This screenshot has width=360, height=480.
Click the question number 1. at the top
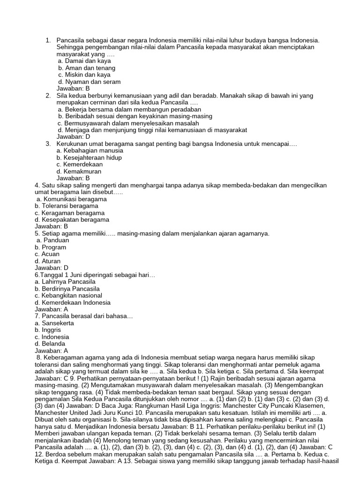coord(48,41)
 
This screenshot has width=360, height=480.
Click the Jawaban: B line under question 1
coord(73,88)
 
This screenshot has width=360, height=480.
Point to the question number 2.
coord(48,96)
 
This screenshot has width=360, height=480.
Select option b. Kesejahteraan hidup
coord(89,157)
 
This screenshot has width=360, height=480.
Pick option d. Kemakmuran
coord(79,171)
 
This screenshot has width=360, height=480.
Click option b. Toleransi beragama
coord(67,206)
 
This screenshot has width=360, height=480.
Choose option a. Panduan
coord(53,240)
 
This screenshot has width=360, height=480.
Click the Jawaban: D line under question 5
coord(52,268)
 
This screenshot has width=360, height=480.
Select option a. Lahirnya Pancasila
coord(65,282)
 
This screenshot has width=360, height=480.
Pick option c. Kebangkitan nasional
coord(68,295)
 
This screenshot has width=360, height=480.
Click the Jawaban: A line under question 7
coord(52,351)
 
